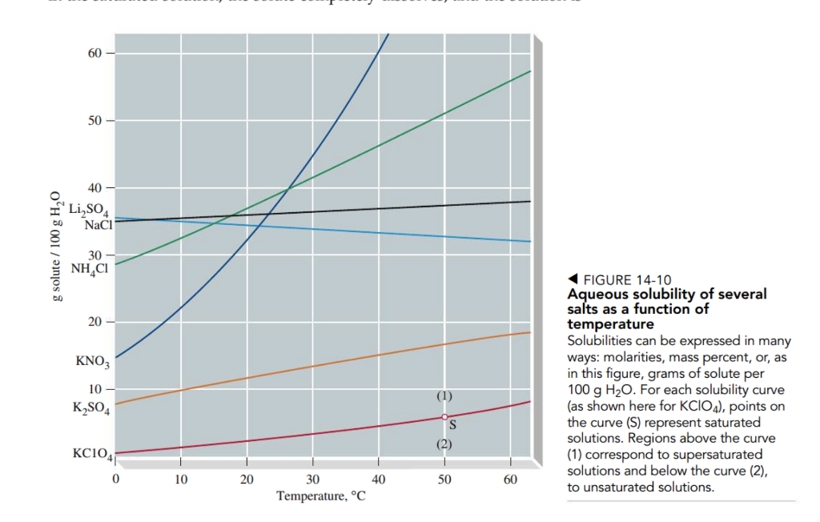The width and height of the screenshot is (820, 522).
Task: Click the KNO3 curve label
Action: [92, 362]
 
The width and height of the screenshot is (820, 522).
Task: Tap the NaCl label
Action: [98, 224]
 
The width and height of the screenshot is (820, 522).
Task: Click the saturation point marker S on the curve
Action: [444, 417]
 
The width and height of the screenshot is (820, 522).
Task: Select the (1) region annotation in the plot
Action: [445, 396]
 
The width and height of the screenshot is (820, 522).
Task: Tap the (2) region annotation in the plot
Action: [445, 444]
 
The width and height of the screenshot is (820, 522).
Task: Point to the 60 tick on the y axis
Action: [94, 53]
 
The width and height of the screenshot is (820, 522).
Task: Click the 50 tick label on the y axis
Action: [94, 121]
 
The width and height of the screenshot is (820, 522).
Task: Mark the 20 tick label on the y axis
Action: [94, 322]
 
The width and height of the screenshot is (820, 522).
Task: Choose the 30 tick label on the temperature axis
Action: [313, 480]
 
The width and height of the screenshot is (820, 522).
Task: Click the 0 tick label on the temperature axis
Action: [116, 480]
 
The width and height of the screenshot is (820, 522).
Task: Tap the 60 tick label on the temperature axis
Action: [510, 480]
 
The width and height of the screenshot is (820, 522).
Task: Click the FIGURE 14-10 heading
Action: [628, 280]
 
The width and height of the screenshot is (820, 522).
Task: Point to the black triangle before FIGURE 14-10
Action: [573, 279]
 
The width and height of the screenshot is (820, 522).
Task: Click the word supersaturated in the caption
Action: [717, 455]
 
